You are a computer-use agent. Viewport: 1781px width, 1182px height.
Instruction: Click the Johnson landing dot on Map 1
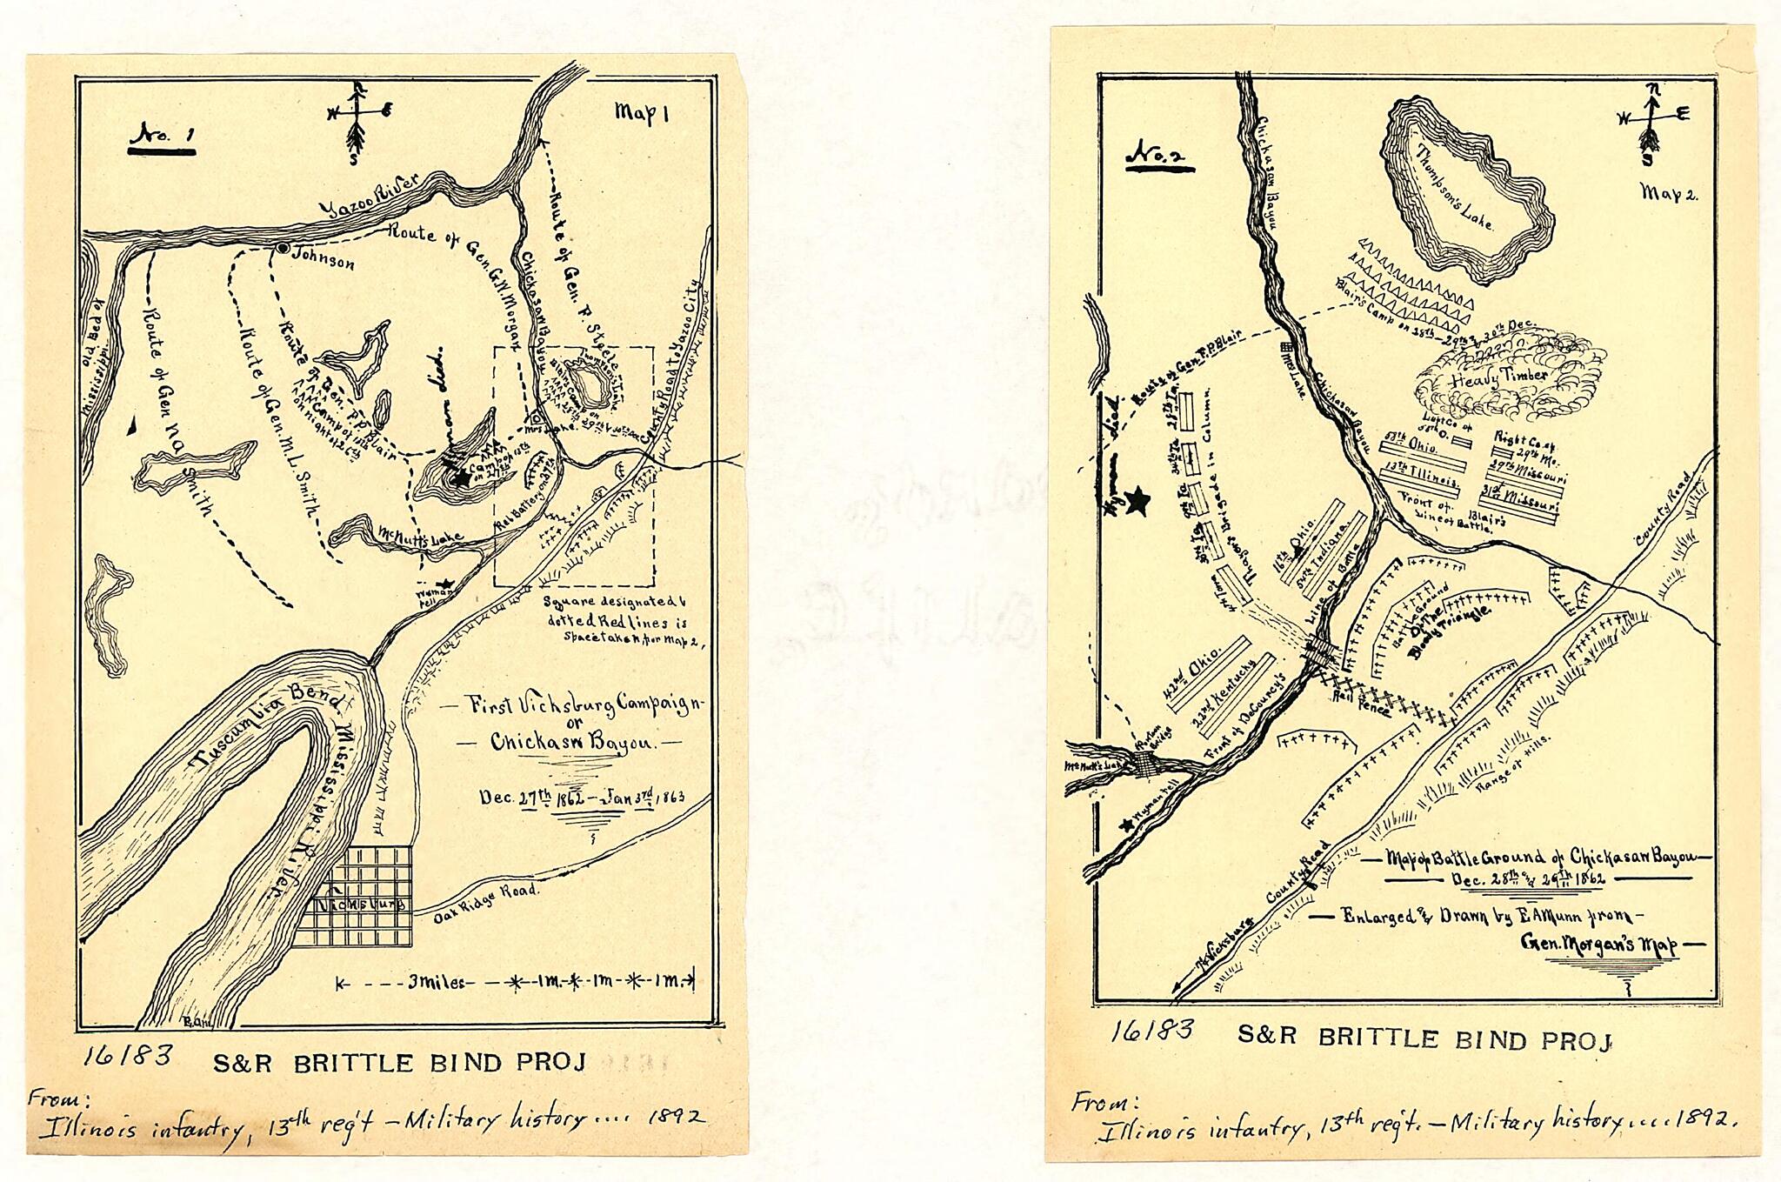(x=283, y=248)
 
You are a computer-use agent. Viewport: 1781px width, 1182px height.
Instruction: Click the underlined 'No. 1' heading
(x=162, y=137)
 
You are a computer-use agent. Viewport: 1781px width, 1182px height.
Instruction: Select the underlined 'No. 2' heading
(x=1159, y=157)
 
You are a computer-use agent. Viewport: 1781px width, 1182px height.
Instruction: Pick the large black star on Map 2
(x=1137, y=500)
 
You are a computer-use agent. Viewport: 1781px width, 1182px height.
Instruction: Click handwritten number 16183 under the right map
(x=1151, y=1030)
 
